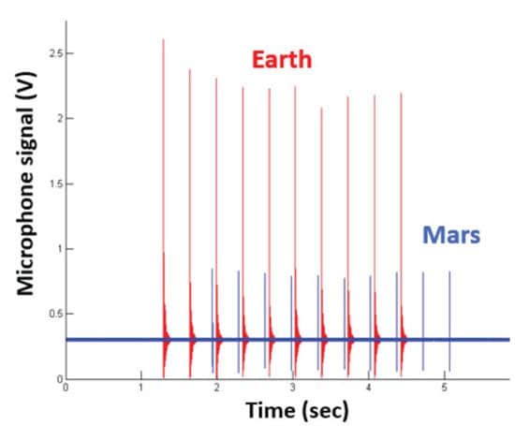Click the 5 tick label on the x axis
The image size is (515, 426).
pos(445,387)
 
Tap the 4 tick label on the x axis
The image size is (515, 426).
pos(369,387)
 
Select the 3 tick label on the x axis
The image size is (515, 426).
pos(293,387)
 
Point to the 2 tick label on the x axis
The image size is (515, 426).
pos(217,387)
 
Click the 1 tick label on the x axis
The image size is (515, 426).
pos(141,387)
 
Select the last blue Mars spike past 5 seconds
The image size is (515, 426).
pos(449,309)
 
